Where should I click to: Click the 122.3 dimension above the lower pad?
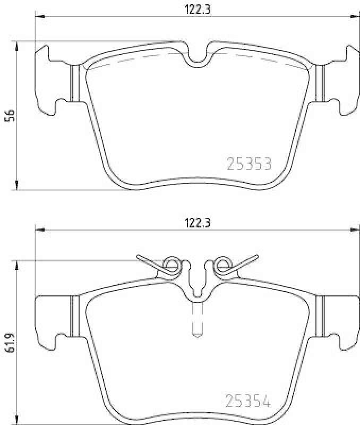[x=196, y=224]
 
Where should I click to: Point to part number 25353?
[x=249, y=164]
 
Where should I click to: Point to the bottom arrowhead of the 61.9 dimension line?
[x=18, y=420]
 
